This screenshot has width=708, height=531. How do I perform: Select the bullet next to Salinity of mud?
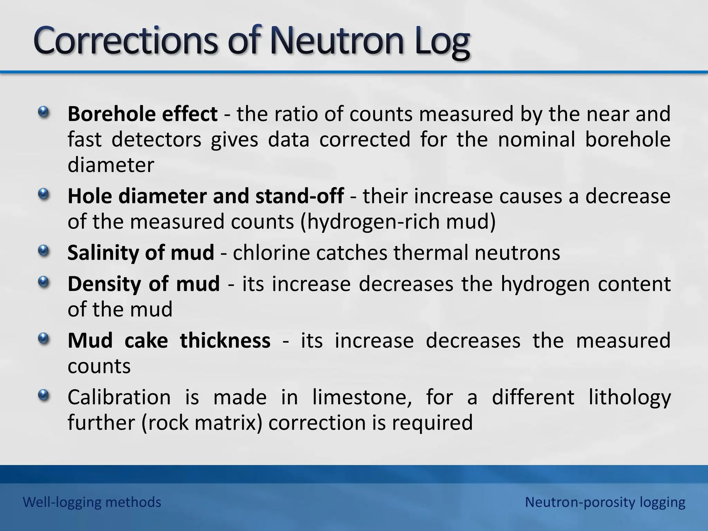tap(44, 251)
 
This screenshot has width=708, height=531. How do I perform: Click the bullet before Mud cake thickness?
tap(44, 339)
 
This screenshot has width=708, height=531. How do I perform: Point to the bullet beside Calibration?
tap(44, 395)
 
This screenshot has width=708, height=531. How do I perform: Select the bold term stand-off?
tap(299, 196)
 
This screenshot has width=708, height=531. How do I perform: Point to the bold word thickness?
tap(225, 341)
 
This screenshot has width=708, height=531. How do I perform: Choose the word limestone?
tap(362, 397)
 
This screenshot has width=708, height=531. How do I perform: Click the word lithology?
tap(630, 398)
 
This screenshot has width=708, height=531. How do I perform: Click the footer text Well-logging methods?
tap(92, 502)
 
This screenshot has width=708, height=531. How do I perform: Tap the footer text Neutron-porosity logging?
tap(605, 502)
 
